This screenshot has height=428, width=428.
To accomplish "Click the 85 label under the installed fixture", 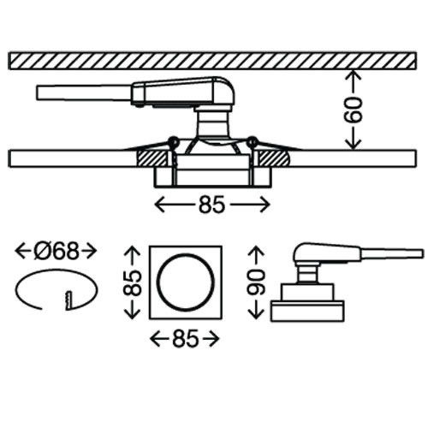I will [211, 205].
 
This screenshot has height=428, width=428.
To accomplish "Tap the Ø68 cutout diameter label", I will [56, 251].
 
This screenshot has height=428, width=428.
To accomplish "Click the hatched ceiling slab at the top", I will [214, 61].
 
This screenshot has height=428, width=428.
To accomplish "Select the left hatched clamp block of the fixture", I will [152, 157].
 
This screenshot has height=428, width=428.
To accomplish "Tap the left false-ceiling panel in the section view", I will [68, 158].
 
